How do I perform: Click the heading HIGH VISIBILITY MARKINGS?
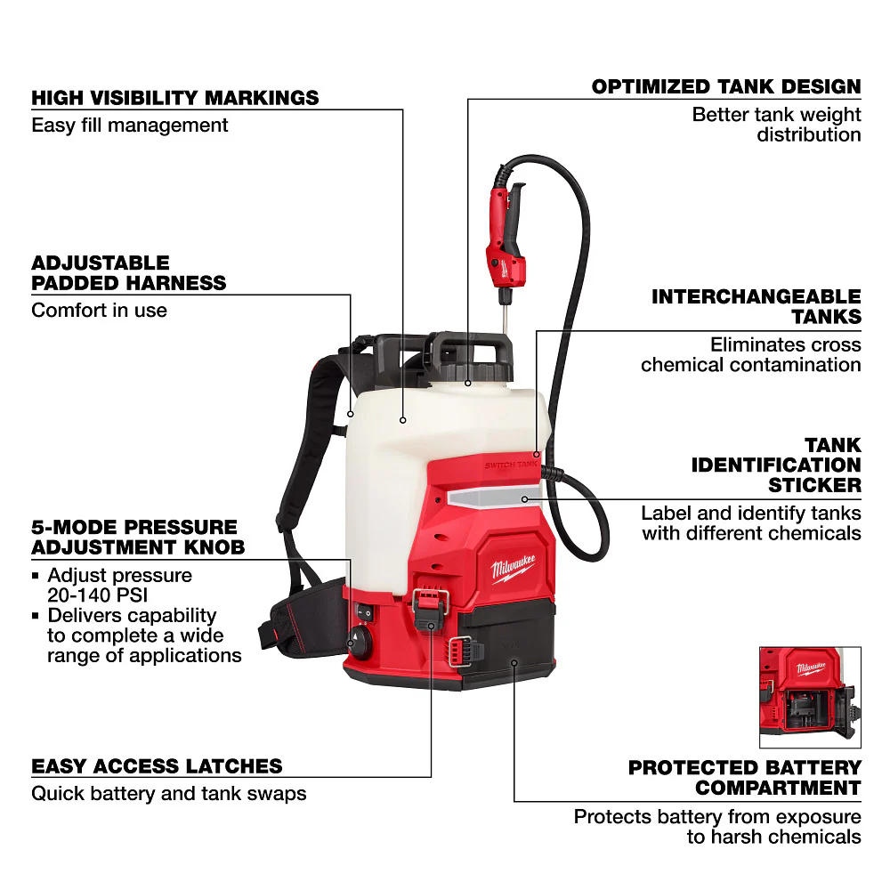tap(174, 97)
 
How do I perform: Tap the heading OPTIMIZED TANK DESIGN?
tap(726, 87)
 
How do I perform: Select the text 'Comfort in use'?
tap(99, 311)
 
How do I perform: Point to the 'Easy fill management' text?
tap(130, 125)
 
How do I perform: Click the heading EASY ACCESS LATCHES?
tap(157, 766)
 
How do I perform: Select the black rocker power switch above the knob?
tap(362, 613)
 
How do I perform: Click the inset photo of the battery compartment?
tap(809, 697)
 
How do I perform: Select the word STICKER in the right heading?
tap(814, 485)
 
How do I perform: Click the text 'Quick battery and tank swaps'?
tap(168, 793)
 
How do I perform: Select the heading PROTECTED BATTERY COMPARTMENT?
tap(744, 777)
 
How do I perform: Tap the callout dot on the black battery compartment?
tap(514, 662)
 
